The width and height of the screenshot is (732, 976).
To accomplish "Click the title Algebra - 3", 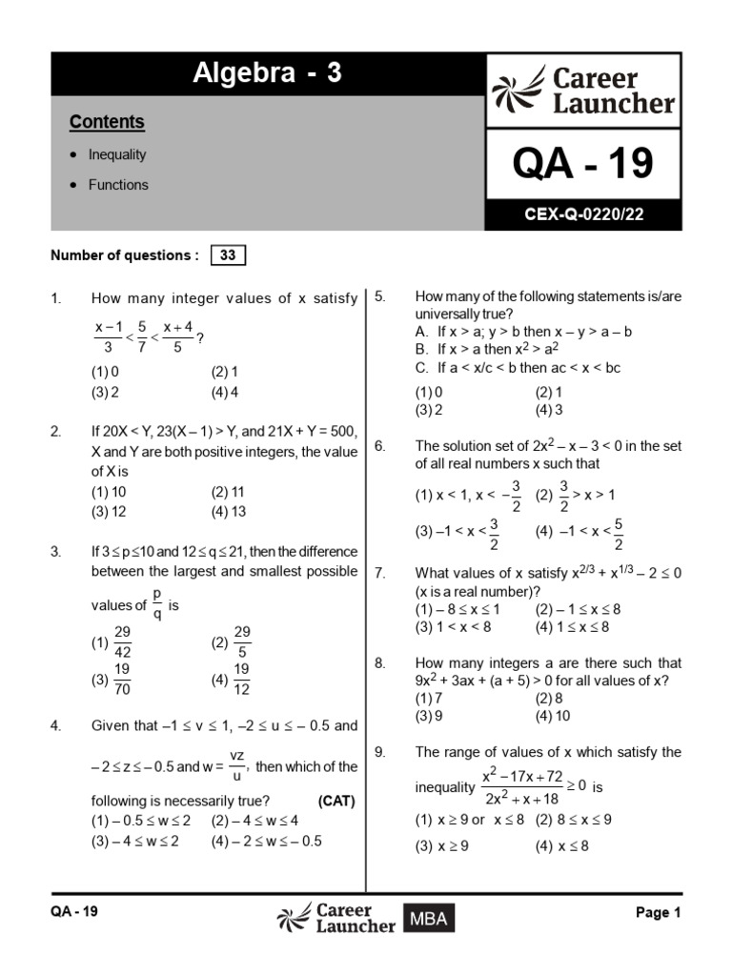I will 267,73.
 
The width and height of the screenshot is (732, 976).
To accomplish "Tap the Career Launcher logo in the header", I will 583,91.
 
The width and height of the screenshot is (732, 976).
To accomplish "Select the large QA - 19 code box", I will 583,164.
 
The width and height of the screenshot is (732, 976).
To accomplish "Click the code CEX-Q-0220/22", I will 583,214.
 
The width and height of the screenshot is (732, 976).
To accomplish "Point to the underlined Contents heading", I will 107,122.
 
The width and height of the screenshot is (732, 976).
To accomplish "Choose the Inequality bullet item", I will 117,154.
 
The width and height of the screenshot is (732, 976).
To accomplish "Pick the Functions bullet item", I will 118,185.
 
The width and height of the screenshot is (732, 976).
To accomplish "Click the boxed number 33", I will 228,255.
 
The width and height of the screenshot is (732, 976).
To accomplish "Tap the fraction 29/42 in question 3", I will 122,642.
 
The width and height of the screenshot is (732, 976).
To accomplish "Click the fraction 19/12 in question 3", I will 242,681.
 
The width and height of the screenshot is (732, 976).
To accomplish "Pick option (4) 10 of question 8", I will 553,716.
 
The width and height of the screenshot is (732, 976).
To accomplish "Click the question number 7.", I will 379,573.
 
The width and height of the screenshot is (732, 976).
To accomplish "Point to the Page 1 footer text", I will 658,912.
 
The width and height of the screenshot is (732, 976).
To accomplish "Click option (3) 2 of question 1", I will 105,392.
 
